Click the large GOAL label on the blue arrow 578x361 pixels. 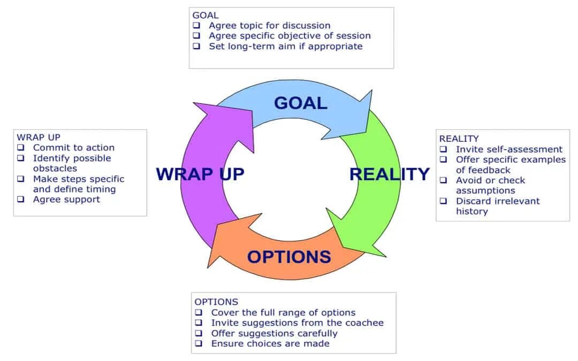click(x=300, y=103)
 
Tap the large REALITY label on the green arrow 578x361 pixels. click(x=389, y=174)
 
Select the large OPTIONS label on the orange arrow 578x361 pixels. click(x=289, y=257)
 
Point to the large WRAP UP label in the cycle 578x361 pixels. click(x=200, y=174)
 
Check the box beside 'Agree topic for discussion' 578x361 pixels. click(x=197, y=25)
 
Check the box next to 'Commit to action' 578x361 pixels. click(x=21, y=148)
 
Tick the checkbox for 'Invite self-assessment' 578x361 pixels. click(x=444, y=150)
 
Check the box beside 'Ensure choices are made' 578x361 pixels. click(x=199, y=343)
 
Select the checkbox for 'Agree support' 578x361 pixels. click(x=21, y=199)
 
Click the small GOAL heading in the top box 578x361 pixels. click(x=206, y=16)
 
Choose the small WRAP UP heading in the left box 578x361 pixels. click(x=39, y=137)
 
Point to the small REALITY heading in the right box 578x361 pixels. click(x=459, y=139)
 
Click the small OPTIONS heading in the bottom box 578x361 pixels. click(x=216, y=302)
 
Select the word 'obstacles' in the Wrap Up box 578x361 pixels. click(x=55, y=168)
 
